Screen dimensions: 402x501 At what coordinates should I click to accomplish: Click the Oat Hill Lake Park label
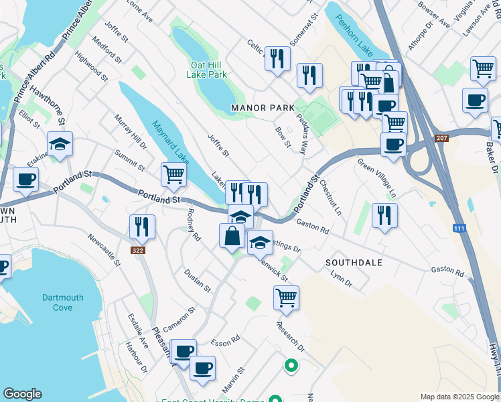click(x=208, y=70)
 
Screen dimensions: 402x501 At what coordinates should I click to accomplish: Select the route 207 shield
click(x=441, y=138)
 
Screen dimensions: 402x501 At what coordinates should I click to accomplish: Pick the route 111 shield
click(x=459, y=229)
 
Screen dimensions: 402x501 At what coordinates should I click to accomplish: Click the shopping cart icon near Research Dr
click(x=286, y=297)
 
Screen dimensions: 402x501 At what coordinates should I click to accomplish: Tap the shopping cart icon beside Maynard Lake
click(x=173, y=175)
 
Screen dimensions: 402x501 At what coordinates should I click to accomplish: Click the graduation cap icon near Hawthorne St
click(x=60, y=144)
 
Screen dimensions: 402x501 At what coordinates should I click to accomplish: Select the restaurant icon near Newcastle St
click(x=142, y=227)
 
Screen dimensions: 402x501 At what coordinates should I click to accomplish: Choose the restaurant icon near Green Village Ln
click(x=384, y=215)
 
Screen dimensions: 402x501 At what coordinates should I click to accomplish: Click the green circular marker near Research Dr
click(x=291, y=366)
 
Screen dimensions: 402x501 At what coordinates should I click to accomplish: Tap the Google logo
click(x=22, y=395)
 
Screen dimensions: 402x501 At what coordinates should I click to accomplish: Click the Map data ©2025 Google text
click(x=459, y=397)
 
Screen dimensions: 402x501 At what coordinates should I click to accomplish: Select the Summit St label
click(x=129, y=159)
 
